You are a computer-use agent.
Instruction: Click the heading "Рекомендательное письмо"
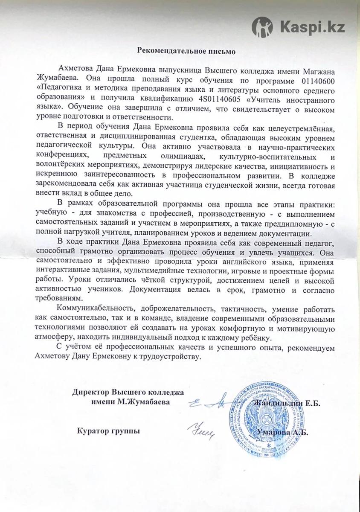point(180,50)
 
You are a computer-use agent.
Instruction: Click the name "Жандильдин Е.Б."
point(287,403)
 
